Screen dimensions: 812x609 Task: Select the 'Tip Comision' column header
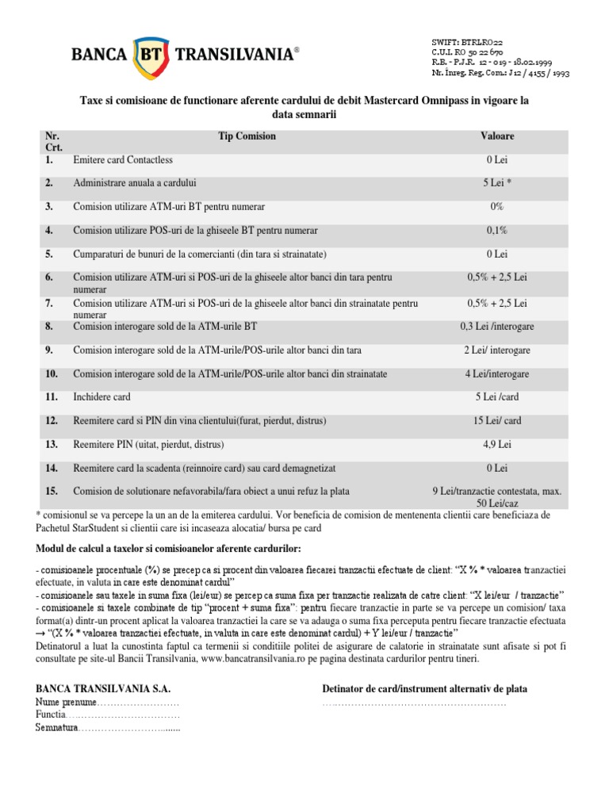point(247,136)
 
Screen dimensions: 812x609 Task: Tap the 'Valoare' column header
point(497,136)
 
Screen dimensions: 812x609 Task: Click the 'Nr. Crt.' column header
point(54,142)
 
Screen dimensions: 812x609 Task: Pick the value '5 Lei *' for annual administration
point(497,183)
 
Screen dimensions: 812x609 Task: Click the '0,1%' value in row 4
point(497,231)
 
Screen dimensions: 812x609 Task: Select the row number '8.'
point(50,326)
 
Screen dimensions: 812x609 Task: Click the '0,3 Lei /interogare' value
point(497,326)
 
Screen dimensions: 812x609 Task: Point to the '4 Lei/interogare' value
point(497,373)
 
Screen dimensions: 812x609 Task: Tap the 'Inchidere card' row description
point(101,396)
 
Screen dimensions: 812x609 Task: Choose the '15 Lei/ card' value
point(497,420)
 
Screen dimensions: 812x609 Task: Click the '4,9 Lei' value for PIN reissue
point(497,444)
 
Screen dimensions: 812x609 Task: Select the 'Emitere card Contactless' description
point(123,160)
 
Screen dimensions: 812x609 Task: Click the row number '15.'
point(52,491)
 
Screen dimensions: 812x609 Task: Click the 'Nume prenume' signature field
point(107,703)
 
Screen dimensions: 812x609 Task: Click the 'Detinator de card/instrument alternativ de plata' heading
point(424,689)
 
